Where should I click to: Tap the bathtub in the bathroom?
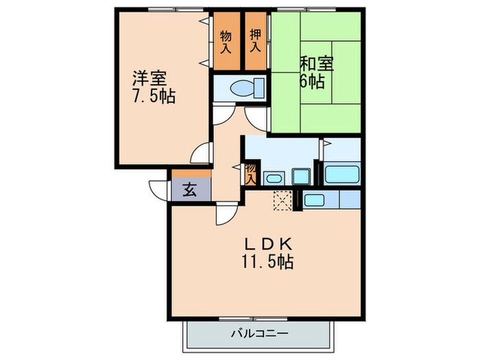coord(341,173)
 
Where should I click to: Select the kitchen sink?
coord(314,200)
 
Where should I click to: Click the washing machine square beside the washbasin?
coord(301,176)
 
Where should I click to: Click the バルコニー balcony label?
coord(259,335)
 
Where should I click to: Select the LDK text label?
coord(269,244)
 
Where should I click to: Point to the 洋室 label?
coord(150,77)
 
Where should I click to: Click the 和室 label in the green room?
coord(316,64)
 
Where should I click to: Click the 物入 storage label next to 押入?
coord(226,42)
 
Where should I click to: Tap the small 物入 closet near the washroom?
coord(251,173)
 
